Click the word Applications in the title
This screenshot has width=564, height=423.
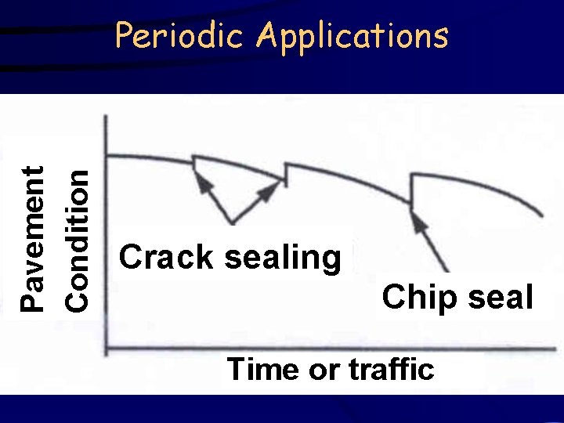click(x=353, y=37)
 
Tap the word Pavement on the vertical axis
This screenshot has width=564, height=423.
click(x=32, y=238)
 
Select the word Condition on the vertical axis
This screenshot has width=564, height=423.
click(x=75, y=238)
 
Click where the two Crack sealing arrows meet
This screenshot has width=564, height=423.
click(x=231, y=222)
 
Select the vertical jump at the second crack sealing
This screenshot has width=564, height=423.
click(x=287, y=174)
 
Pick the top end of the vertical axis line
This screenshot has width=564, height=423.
click(x=106, y=116)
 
